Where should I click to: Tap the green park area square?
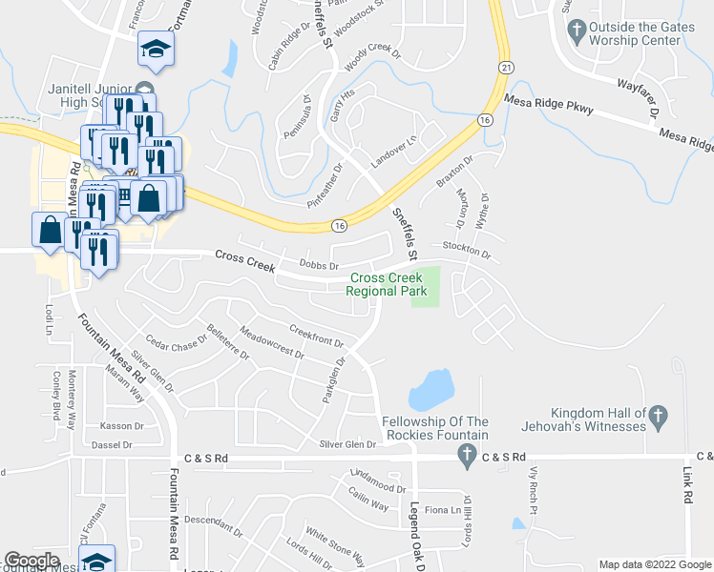[x=426, y=287]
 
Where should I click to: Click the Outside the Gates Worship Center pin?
[x=577, y=31]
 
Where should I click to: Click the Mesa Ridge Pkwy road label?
[x=549, y=105]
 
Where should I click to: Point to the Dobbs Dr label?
[x=319, y=265]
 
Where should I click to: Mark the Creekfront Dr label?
[x=316, y=337]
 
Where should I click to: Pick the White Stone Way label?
[x=334, y=543]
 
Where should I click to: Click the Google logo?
[x=31, y=561]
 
